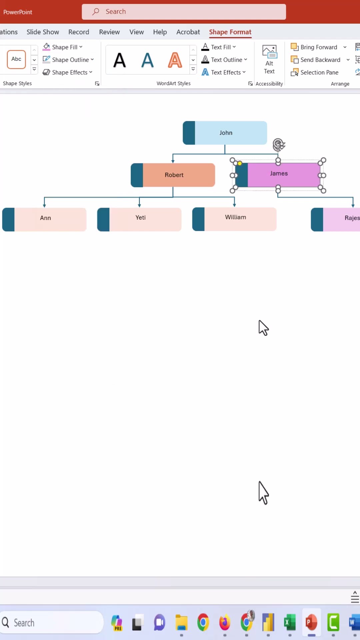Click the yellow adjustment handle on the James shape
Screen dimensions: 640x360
click(x=240, y=163)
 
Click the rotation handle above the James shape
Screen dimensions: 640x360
click(x=279, y=145)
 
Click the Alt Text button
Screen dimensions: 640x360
click(x=269, y=60)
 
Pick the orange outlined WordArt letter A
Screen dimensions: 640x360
click(x=175, y=60)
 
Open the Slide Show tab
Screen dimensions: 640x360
click(x=43, y=32)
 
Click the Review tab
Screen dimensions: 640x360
click(x=109, y=32)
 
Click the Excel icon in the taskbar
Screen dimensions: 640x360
click(x=290, y=622)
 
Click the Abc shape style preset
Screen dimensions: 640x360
click(x=16, y=59)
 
